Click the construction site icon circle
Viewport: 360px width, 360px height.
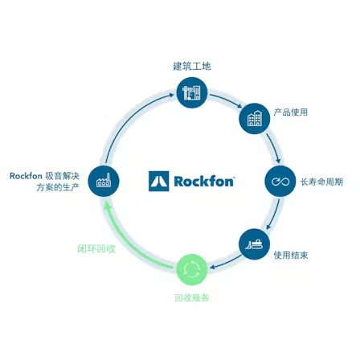tap(192, 92)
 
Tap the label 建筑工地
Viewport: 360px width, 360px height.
tap(192, 66)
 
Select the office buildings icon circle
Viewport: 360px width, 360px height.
tap(255, 118)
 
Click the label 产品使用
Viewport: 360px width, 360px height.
tap(290, 112)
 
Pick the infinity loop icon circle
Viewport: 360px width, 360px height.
tap(280, 181)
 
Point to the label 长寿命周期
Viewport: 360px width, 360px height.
tap(321, 182)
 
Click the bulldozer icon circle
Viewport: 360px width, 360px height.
tap(254, 244)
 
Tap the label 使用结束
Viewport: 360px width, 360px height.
tap(291, 255)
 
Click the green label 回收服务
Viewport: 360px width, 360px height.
tap(192, 297)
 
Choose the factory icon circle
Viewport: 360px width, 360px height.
tap(104, 181)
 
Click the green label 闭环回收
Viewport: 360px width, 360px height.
tap(96, 248)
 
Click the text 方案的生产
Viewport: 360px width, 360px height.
tap(58, 187)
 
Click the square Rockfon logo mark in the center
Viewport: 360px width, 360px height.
tap(159, 182)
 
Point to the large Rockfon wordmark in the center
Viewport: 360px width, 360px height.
tap(204, 182)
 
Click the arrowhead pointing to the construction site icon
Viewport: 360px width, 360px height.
tap(171, 95)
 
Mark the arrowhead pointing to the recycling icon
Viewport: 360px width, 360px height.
tap(213, 267)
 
